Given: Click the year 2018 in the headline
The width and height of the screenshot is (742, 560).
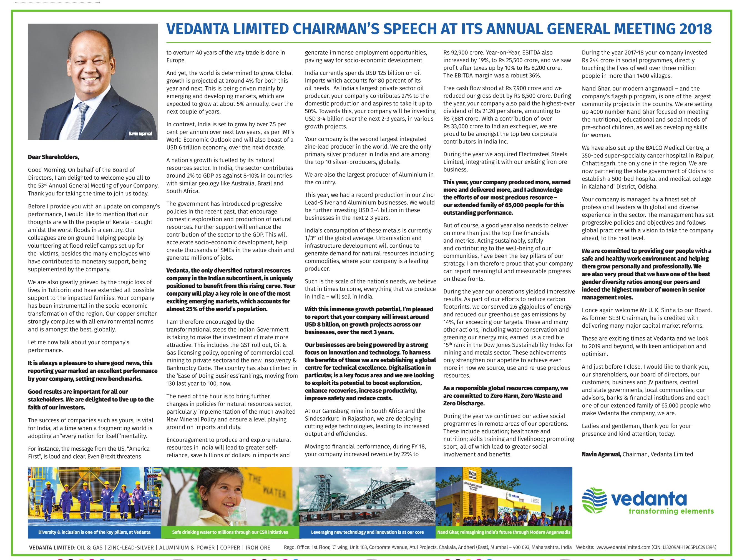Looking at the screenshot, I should click(696, 29).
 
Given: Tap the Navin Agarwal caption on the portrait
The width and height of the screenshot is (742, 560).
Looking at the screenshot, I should click(140, 134).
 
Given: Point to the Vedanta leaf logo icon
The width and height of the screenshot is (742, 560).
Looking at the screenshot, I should click(594, 500).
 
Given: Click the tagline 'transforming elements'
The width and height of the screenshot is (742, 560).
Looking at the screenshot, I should click(671, 511).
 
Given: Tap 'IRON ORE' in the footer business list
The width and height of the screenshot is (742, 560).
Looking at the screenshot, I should click(258, 548).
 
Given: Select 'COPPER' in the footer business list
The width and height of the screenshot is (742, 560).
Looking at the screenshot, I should click(230, 548).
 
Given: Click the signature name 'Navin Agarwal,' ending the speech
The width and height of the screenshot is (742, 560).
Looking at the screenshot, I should click(601, 454).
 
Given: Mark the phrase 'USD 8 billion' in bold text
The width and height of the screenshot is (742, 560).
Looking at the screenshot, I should click(322, 325).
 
